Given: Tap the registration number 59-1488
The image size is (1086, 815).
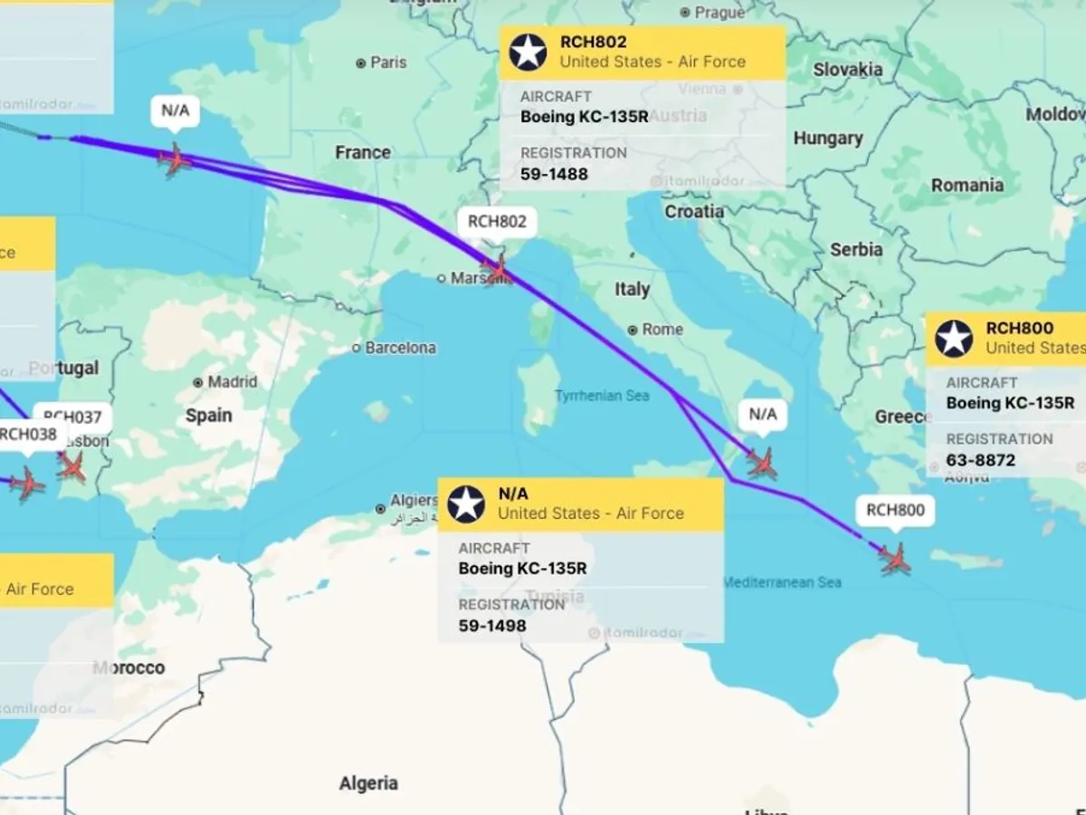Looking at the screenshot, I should [x=554, y=174].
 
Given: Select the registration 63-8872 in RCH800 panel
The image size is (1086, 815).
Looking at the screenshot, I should [x=980, y=460].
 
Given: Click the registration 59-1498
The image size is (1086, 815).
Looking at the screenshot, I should [x=491, y=626].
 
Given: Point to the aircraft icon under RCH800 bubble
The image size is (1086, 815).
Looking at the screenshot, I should [x=895, y=559].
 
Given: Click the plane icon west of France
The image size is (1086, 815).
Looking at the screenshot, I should [x=175, y=160].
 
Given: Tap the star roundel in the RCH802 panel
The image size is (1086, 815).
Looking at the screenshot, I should [x=528, y=52].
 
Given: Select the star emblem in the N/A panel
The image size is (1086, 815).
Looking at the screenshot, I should [x=466, y=503].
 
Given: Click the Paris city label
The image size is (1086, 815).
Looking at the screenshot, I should [x=388, y=62].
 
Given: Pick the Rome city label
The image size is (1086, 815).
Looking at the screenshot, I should [x=662, y=330].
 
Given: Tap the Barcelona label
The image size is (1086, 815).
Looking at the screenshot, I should [x=400, y=348].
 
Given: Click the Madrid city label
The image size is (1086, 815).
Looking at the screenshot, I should [x=233, y=382].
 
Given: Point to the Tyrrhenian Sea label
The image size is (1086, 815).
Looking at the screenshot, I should [x=602, y=397].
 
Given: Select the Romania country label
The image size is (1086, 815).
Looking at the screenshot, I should [x=967, y=185].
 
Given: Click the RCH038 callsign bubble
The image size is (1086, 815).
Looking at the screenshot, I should [x=27, y=434].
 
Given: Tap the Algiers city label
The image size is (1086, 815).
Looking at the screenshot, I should [x=414, y=501].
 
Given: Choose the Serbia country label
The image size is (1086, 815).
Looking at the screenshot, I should [x=855, y=249].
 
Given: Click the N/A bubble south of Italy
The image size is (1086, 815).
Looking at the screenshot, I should [x=762, y=414].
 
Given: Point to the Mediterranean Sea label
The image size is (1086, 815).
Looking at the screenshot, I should [x=782, y=582].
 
